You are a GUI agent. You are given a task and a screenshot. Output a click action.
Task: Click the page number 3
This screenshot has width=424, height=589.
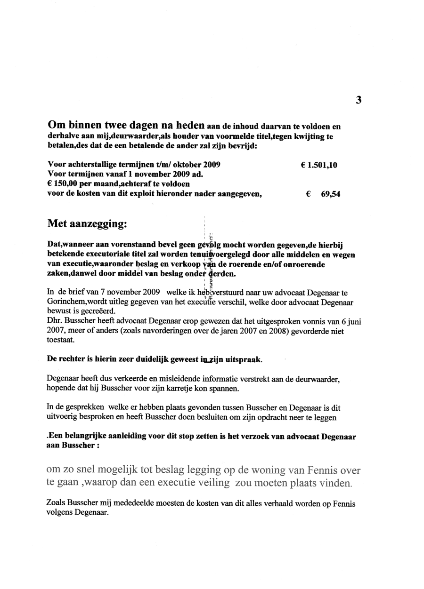359,99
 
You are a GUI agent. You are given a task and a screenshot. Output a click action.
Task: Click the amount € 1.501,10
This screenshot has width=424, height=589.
318,165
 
